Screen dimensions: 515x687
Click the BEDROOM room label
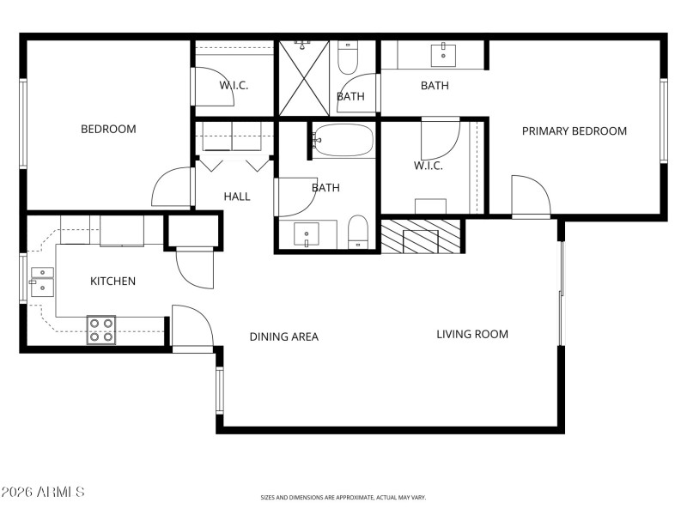(x=108, y=130)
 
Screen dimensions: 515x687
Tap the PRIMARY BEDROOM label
(x=575, y=131)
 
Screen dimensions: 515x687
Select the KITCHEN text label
(x=112, y=282)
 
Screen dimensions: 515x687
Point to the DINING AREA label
(x=283, y=336)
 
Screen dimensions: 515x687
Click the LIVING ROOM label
(x=471, y=334)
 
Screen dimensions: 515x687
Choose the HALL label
(x=237, y=197)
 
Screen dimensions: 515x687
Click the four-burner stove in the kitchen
(x=101, y=330)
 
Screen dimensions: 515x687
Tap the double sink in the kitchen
(x=41, y=282)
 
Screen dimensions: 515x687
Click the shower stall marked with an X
(x=305, y=78)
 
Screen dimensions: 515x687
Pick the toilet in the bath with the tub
(x=358, y=233)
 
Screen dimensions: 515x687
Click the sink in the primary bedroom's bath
(x=444, y=55)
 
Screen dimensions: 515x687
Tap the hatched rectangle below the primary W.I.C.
(x=421, y=236)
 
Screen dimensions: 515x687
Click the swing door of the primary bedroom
(x=530, y=197)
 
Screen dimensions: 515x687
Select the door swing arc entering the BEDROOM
(x=172, y=188)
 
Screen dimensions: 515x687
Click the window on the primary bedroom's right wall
(x=663, y=120)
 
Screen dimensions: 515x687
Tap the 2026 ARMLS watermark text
(x=43, y=492)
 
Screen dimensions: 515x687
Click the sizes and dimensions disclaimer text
(x=343, y=498)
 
